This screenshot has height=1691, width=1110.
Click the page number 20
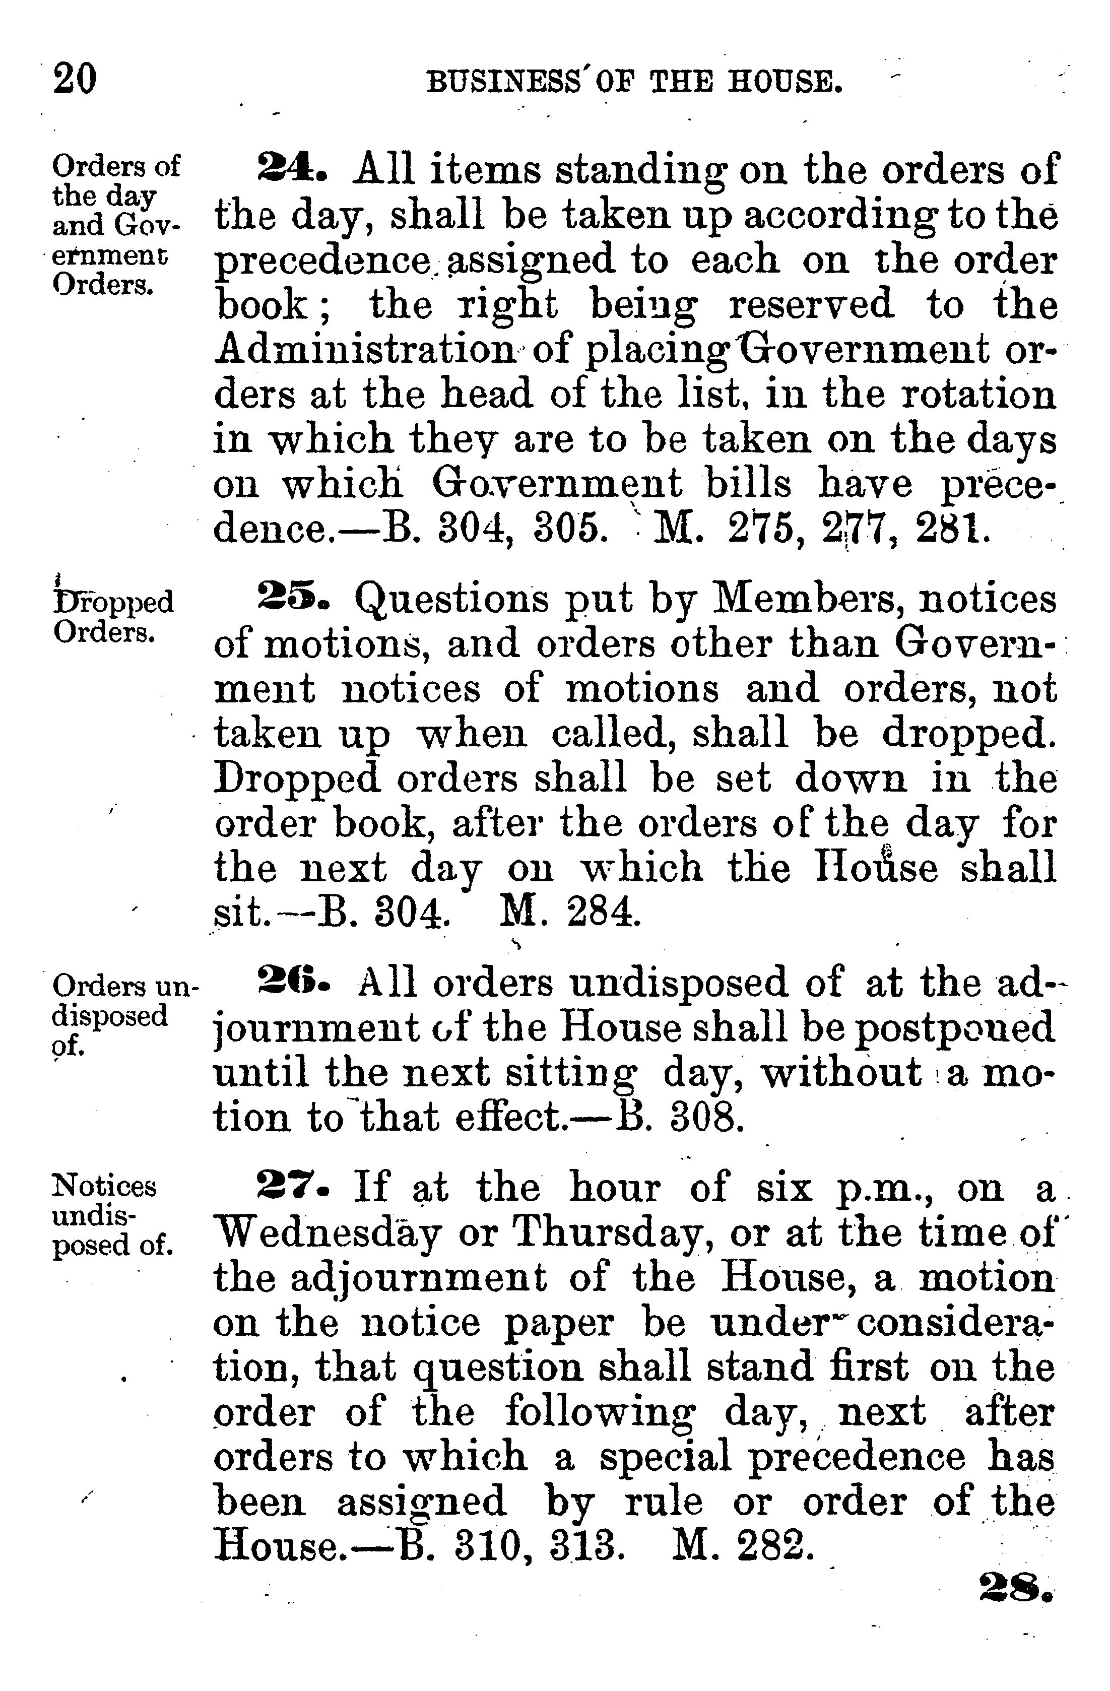pos(75,79)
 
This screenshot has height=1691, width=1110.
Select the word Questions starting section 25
pos(451,599)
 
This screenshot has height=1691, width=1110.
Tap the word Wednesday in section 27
pos(329,1233)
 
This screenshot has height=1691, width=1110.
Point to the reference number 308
pos(707,1118)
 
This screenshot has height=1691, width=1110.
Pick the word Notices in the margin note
pos(104,1186)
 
